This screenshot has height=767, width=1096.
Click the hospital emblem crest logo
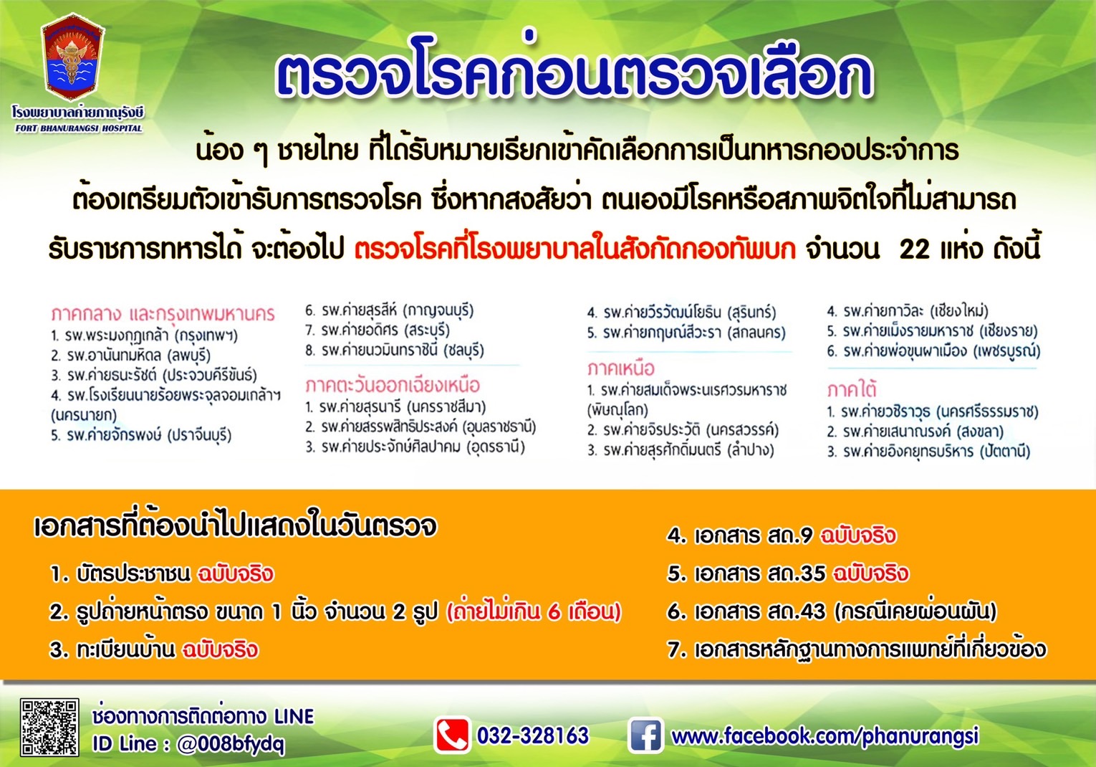pyautogui.click(x=73, y=58)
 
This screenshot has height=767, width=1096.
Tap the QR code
pyautogui.click(x=49, y=728)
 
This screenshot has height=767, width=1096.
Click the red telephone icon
pyautogui.click(x=452, y=735)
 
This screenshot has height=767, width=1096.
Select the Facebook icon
pyautogui.click(x=645, y=735)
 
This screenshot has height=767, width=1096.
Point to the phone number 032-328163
pyautogui.click(x=533, y=735)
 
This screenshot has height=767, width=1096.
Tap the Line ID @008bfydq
pyautogui.click(x=231, y=745)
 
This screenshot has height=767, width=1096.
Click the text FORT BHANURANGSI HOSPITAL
pyautogui.click(x=79, y=129)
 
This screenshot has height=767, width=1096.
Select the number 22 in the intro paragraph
pyautogui.click(x=915, y=249)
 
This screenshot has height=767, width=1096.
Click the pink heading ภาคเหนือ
pyautogui.click(x=620, y=368)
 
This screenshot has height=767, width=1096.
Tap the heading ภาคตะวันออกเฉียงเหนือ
pyautogui.click(x=393, y=385)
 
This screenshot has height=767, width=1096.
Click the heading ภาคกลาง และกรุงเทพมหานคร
pyautogui.click(x=163, y=314)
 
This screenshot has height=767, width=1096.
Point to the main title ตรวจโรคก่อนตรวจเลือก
pyautogui.click(x=574, y=72)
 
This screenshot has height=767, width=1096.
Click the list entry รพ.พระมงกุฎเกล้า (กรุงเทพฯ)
pyautogui.click(x=144, y=335)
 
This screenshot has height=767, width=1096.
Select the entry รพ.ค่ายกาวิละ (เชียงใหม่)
pyautogui.click(x=908, y=311)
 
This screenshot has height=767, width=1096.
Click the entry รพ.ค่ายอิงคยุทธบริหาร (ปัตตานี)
pyautogui.click(x=928, y=451)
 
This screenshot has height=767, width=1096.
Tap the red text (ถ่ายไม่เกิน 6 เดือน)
pyautogui.click(x=534, y=612)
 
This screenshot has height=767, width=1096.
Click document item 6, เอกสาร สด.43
pyautogui.click(x=832, y=612)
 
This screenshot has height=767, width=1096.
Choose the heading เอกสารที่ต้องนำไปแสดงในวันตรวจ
pyautogui.click(x=235, y=526)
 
